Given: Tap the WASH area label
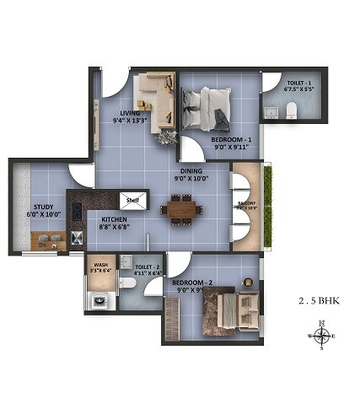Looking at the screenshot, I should pos(101,265).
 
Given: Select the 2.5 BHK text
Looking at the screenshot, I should pos(316,299).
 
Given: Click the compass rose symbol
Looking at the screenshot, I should pos(320,336).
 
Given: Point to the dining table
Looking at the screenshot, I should pos(183,207).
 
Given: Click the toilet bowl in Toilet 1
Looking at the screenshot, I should pos(292,108).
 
